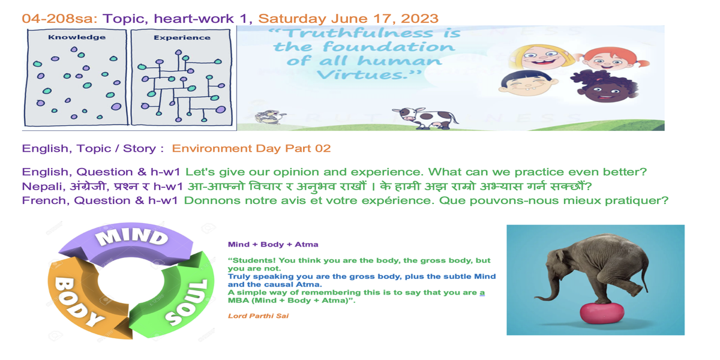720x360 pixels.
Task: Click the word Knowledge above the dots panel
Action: click(77, 37)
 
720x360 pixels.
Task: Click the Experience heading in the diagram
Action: click(182, 38)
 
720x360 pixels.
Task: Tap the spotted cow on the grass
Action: click(425, 118)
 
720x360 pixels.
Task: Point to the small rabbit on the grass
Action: click(270, 116)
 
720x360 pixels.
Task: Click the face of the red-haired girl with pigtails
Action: click(610, 59)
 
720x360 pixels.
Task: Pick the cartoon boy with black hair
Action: click(528, 83)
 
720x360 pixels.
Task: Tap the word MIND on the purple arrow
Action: click(132, 237)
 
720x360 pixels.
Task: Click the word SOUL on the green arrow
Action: click(187, 302)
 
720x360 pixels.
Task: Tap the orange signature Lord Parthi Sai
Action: click(258, 316)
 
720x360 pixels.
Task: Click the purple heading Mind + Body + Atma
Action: click(273, 244)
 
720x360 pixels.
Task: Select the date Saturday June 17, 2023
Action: click(348, 19)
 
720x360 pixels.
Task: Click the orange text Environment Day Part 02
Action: click(251, 149)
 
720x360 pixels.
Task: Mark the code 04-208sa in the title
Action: click(60, 19)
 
